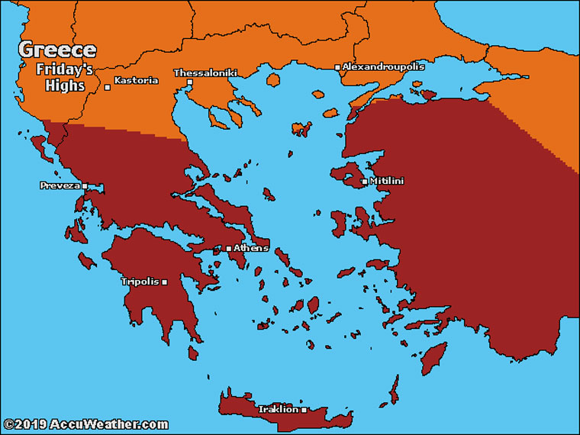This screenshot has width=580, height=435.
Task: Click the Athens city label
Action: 251,248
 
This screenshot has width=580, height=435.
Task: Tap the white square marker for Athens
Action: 228,248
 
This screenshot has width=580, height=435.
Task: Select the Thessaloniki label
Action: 205,72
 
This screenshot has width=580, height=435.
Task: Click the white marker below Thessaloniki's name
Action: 189,82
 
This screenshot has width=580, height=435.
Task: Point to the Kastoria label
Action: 136,80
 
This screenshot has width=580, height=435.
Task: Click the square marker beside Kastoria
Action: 108,87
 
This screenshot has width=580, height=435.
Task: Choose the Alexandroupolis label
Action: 383,66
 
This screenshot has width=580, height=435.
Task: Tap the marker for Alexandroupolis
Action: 337,67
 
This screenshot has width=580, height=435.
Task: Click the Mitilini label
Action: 386,181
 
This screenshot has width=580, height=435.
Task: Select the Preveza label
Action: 60,185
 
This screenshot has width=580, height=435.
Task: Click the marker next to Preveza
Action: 85,185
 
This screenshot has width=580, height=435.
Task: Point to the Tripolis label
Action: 140,282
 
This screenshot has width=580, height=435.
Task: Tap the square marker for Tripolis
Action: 164,282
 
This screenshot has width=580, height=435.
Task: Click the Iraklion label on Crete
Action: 278,409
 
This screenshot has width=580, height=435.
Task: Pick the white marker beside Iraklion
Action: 304,409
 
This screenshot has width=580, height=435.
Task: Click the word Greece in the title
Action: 58,50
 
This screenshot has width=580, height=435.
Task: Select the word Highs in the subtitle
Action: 67,85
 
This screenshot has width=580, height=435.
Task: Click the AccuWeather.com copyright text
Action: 85,424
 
